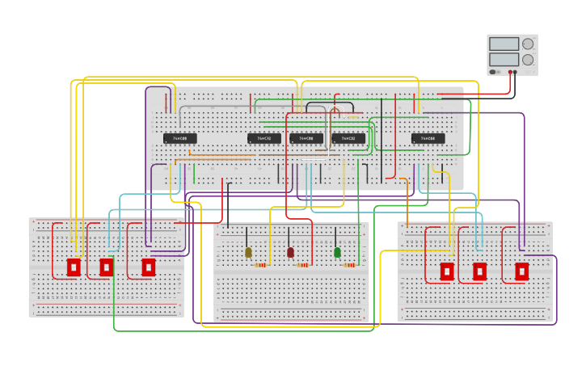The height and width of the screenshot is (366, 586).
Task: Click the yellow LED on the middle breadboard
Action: (248, 253)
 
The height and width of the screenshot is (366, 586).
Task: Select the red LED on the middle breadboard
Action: (290, 253)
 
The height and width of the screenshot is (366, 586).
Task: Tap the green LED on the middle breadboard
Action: (337, 253)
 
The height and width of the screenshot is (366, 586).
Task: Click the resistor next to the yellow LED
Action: (260, 265)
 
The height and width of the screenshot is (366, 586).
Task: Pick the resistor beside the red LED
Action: (302, 265)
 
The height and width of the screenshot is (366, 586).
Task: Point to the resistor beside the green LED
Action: (349, 265)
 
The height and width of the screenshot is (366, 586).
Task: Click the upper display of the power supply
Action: (504, 44)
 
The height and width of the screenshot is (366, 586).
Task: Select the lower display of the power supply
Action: (504, 59)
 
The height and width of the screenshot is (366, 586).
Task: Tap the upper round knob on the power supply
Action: (528, 44)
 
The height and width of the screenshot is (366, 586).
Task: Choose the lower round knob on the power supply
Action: (528, 60)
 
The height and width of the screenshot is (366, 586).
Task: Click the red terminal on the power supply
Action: (510, 72)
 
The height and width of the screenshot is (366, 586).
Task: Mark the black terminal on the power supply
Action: (515, 72)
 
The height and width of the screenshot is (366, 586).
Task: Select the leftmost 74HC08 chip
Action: (180, 139)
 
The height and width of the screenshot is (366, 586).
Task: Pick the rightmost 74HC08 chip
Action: (428, 139)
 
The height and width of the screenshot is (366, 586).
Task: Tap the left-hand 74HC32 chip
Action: (264, 139)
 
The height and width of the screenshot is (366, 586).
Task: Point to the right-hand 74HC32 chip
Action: (348, 139)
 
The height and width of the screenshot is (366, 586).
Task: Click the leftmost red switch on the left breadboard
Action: (74, 267)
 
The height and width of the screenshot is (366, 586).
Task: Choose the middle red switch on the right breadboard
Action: (479, 271)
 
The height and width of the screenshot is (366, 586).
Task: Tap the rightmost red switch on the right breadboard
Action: (522, 271)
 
